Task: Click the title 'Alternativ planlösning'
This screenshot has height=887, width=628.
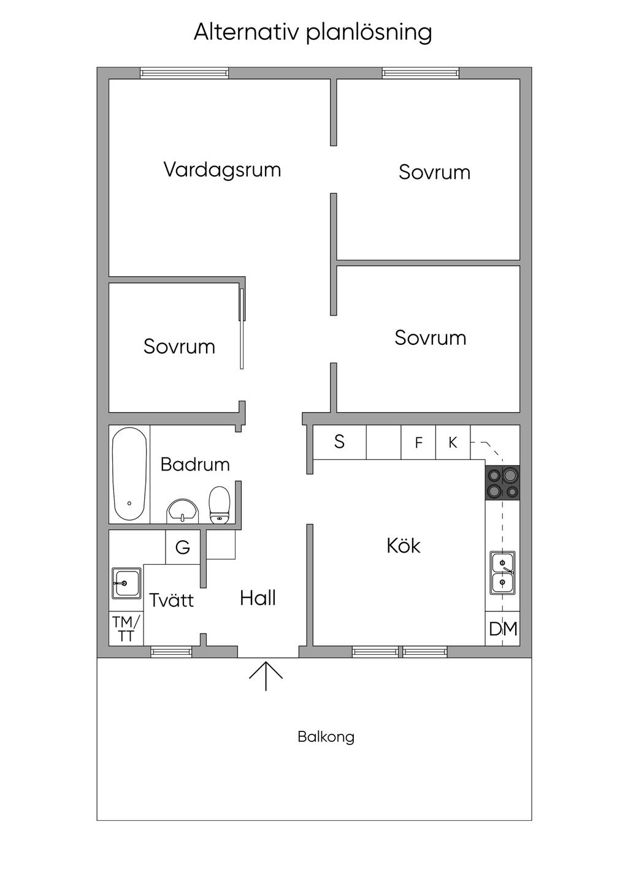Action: point(313,32)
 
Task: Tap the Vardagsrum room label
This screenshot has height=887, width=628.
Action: point(222,169)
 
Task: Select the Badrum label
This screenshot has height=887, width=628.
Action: point(195,464)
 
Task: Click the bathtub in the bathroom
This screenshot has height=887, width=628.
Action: point(129,474)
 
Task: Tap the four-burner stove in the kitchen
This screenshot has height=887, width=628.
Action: point(502,483)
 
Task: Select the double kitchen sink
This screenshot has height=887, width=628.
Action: point(502,572)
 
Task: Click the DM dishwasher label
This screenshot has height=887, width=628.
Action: point(503,628)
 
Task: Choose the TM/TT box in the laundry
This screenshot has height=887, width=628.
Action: point(126,629)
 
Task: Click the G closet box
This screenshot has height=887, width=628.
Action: point(183,547)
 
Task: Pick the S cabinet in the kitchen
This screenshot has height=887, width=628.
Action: point(339,442)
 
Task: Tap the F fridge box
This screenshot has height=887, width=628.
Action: point(418,442)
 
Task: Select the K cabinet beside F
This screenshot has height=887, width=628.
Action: point(453,442)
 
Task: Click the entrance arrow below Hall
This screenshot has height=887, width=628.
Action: point(266,675)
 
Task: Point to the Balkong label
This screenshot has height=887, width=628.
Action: point(326,736)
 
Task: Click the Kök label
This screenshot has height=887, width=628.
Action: point(403,545)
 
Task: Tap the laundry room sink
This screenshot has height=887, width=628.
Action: point(126,583)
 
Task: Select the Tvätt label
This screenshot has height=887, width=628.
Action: point(171,600)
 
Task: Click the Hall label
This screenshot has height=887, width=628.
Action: point(258,598)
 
